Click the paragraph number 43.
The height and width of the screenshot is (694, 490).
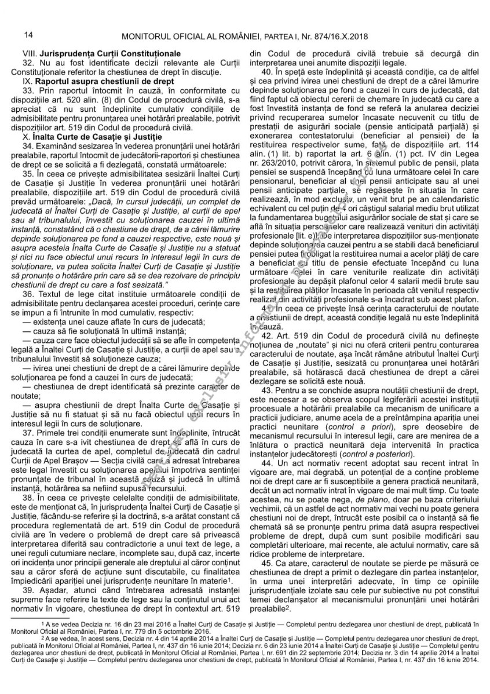pyautogui.click(x=268, y=392)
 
